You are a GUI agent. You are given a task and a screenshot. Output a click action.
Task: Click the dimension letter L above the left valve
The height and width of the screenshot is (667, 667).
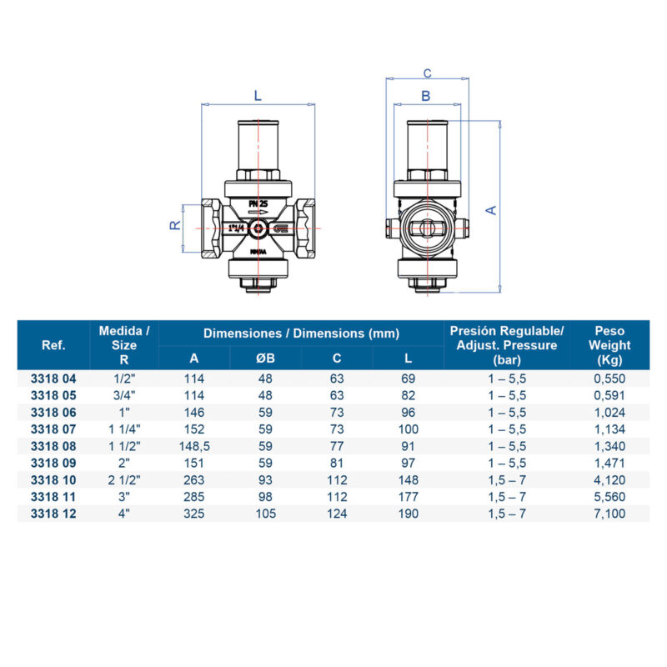click(x=258, y=96)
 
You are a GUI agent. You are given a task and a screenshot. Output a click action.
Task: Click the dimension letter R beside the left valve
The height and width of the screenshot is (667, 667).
click(x=175, y=225)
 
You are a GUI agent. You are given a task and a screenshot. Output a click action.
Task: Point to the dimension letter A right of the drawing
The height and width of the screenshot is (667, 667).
click(x=491, y=210)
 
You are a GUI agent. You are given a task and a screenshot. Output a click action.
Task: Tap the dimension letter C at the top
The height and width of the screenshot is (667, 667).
click(x=427, y=73)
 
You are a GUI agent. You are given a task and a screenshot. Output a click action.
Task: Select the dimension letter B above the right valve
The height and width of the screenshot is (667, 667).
click(x=426, y=96)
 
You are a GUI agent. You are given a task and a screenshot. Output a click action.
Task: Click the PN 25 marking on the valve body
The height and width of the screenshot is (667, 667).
click(x=258, y=204)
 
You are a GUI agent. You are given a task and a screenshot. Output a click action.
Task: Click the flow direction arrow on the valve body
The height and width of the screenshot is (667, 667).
click(x=258, y=212)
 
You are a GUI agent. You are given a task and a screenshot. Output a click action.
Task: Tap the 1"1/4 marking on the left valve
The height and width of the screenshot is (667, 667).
click(x=237, y=228)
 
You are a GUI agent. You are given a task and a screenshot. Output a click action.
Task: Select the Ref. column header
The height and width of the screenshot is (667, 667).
click(x=53, y=345)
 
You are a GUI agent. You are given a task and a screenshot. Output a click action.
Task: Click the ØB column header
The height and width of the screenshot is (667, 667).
click(x=265, y=359)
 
